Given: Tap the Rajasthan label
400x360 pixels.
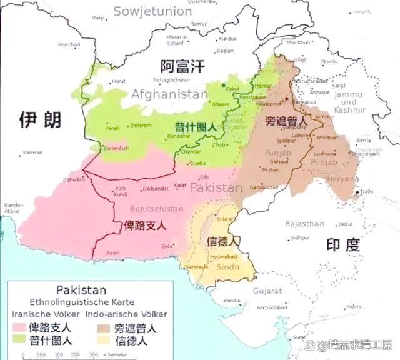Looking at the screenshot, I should click(x=304, y=224).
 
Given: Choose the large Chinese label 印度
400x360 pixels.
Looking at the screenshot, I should click(x=343, y=244).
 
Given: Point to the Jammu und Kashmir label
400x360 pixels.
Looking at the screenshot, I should click(x=348, y=102).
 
